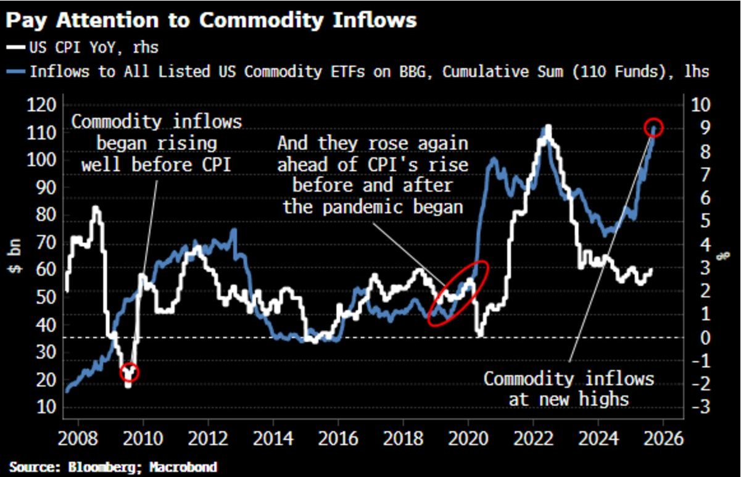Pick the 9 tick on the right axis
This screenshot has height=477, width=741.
click(700, 128)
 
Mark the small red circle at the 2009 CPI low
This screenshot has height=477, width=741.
click(130, 372)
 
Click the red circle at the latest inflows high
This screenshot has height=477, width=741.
click(655, 128)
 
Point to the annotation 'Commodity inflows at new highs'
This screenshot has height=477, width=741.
click(568, 388)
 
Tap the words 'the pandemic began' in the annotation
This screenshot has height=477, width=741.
click(373, 206)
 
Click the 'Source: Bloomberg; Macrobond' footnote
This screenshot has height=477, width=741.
click(113, 467)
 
